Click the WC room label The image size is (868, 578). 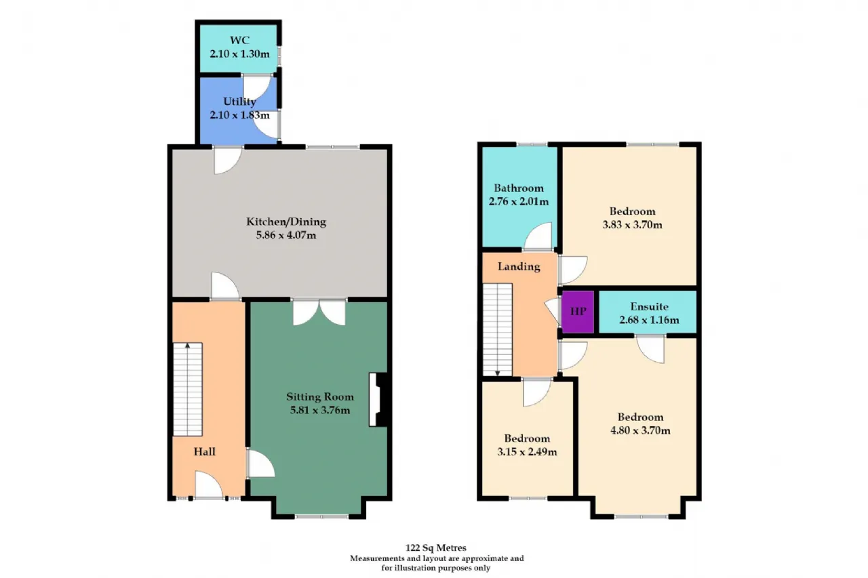tap(239, 40)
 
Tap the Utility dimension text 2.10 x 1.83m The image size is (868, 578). tap(239, 115)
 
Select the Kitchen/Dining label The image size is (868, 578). tap(286, 222)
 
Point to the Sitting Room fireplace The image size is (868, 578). tap(378, 400)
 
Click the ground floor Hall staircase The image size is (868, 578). tap(188, 390)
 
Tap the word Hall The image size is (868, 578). tap(205, 451)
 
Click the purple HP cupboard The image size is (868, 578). tap(578, 312)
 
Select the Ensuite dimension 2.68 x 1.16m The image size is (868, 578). tap(649, 320)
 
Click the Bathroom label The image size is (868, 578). tap(519, 188)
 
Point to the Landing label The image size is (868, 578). tap(519, 267)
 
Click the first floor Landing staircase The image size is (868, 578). tap(498, 329)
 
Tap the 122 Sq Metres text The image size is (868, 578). tap(436, 548)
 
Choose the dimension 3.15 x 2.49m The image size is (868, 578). tap(527, 452)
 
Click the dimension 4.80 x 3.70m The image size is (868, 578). tap(640, 430)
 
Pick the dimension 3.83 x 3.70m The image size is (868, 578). tap(632, 224)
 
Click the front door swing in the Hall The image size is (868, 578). tap(209, 484)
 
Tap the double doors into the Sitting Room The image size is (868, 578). tap(319, 312)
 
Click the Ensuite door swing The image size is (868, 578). tap(650, 349)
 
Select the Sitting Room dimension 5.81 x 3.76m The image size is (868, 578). tap(320, 410)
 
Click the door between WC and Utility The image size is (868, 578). tap(256, 87)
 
